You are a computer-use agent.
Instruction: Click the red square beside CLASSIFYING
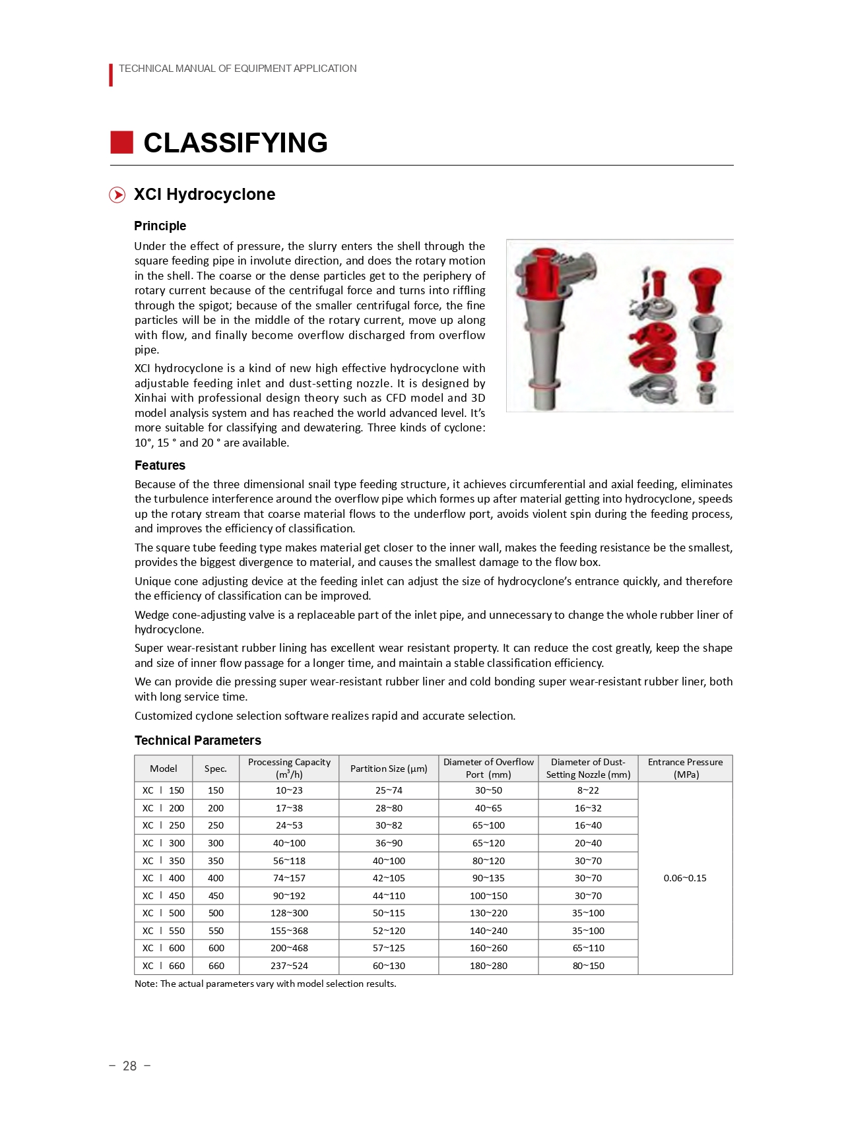coord(121,142)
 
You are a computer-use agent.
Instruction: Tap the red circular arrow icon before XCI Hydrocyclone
coord(117,195)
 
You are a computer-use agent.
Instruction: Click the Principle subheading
coord(160,226)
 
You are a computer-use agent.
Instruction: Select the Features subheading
coord(160,465)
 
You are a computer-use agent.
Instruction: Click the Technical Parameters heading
coord(197,740)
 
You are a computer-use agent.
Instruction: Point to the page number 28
coord(129,1066)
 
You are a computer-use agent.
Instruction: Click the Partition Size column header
coord(389,769)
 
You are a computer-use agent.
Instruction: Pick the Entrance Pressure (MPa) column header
coord(685,769)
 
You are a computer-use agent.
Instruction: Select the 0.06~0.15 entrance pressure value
coord(685,878)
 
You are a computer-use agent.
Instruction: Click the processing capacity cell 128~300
coord(289,913)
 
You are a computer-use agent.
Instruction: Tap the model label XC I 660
coord(163,966)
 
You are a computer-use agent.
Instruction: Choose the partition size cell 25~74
coord(389,790)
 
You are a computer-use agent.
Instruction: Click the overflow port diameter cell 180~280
coord(488,966)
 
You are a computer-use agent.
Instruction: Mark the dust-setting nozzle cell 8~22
coord(588,790)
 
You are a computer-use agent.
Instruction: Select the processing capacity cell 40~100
coord(289,843)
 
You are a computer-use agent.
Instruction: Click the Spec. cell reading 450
coord(216,896)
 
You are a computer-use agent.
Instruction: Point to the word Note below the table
coord(145,984)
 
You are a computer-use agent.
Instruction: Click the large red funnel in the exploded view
coord(704,289)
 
